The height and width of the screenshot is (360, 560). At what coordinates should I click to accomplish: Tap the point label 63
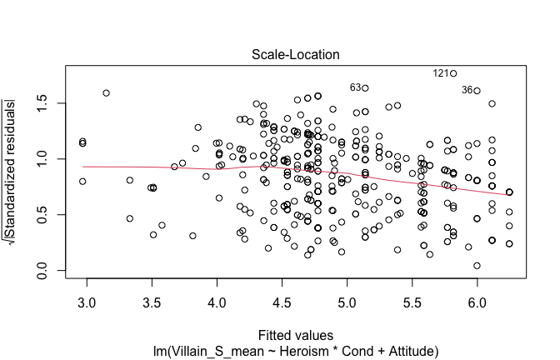[x=355, y=87]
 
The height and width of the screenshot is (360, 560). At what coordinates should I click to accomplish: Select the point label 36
[x=467, y=90]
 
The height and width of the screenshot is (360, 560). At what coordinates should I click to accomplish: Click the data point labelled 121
[x=454, y=73]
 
